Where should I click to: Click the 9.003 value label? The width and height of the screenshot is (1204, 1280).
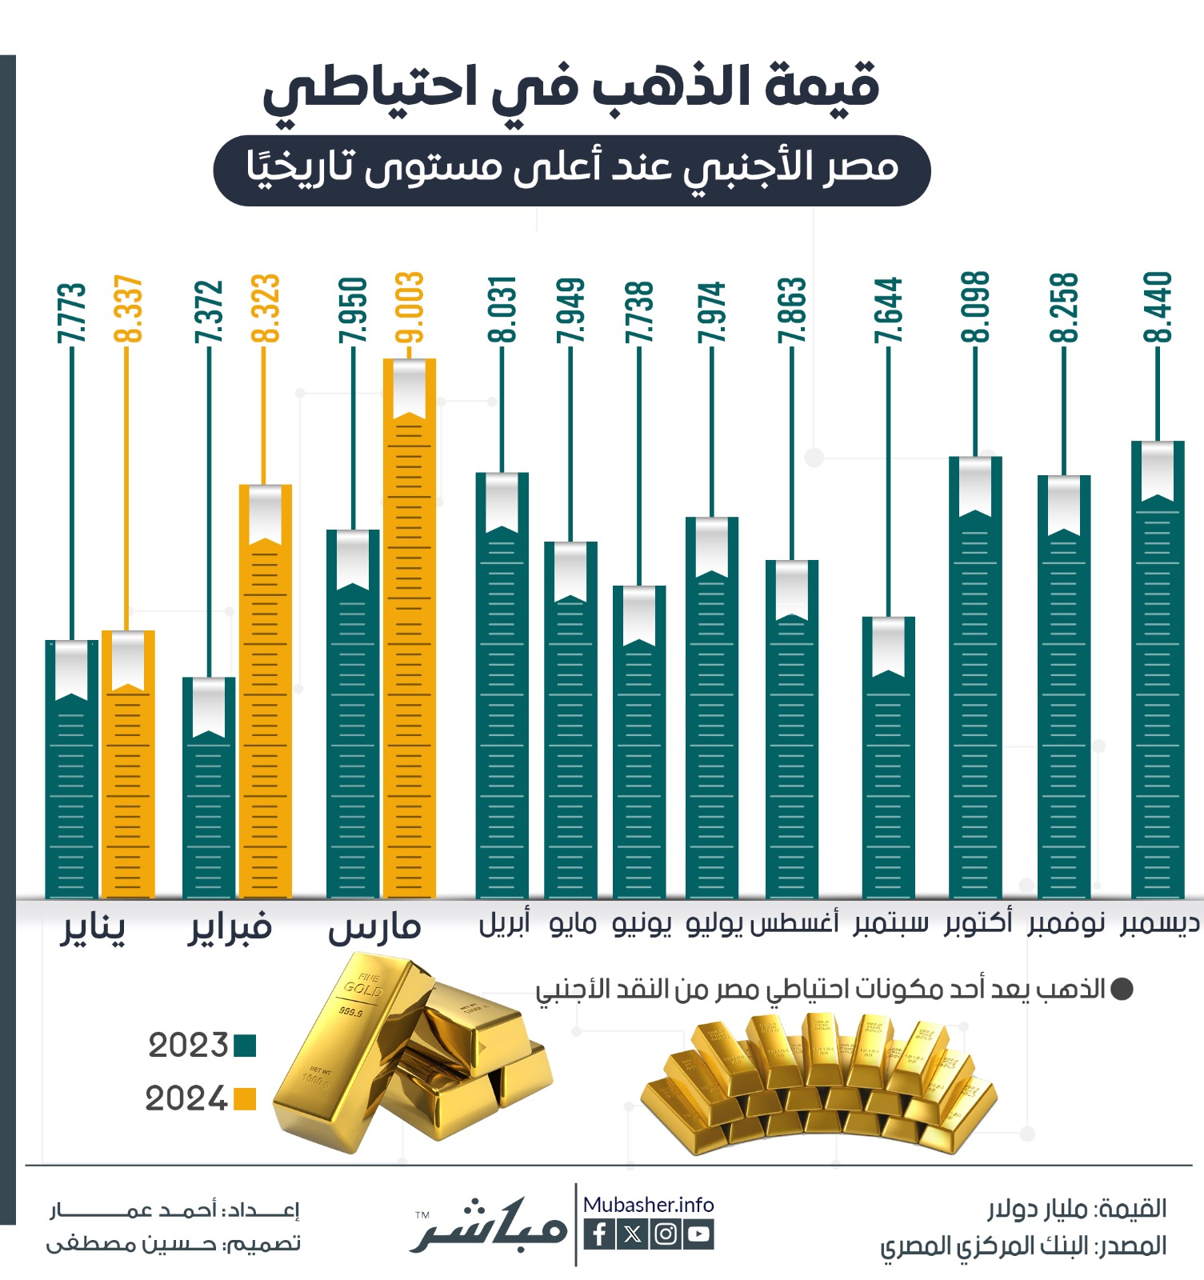[409, 308]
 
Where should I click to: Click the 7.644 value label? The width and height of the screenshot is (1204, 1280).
[888, 310]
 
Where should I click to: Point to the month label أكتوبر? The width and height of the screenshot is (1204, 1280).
[978, 922]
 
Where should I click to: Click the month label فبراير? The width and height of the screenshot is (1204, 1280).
[230, 928]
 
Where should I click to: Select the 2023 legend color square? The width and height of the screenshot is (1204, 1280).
[244, 1046]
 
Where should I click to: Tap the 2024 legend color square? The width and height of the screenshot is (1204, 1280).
[244, 1099]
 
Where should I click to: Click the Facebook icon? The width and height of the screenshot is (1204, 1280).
[599, 1234]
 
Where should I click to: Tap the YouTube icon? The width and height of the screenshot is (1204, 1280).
[698, 1234]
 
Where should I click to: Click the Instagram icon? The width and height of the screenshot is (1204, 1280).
[666, 1234]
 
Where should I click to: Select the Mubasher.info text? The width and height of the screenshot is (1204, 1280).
[648, 1205]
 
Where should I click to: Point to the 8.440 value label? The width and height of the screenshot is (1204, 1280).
[1158, 308]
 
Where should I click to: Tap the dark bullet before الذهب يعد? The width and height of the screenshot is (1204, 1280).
[1122, 990]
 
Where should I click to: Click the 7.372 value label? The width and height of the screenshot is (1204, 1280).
[209, 312]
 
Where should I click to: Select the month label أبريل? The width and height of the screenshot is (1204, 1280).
[504, 923]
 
